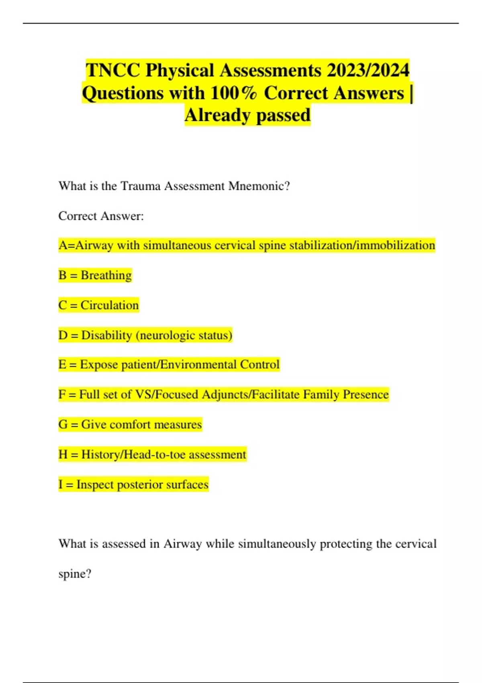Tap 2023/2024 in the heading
[368, 70]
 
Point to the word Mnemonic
[259, 186]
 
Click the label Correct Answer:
[101, 216]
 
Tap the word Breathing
[106, 275]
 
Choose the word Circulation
[109, 305]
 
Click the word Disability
[106, 335]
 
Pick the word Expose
[98, 365]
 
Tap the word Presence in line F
[366, 395]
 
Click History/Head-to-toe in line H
[133, 454]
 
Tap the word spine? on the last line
[75, 574]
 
